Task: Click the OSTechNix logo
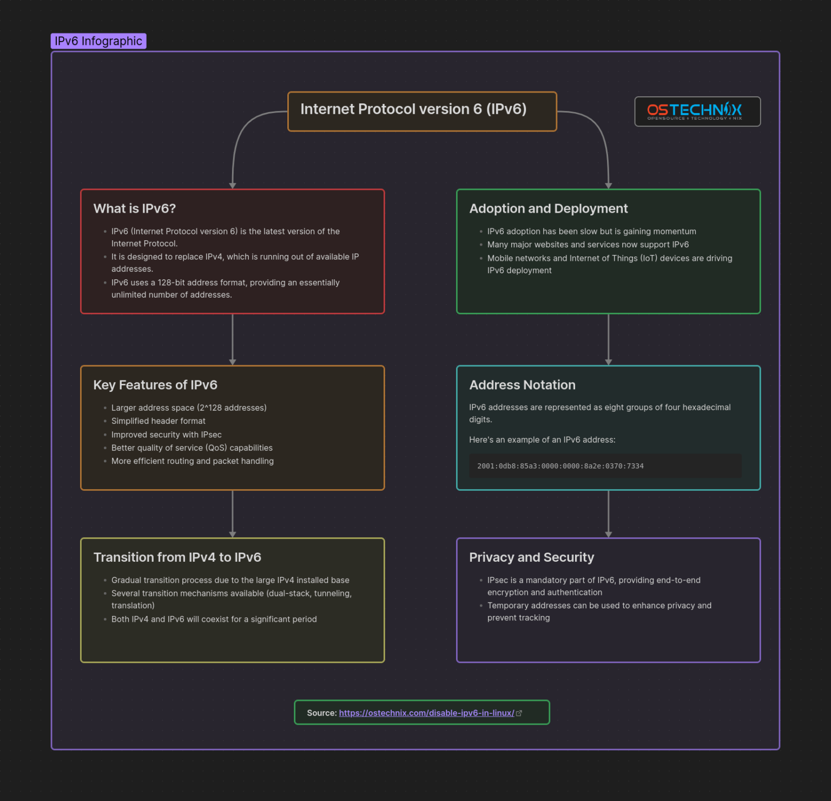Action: [697, 111]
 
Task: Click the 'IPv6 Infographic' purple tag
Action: [98, 41]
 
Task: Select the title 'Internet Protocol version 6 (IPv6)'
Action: [413, 109]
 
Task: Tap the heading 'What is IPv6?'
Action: [134, 209]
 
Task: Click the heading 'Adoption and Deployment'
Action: [548, 209]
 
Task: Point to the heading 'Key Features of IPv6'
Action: [155, 385]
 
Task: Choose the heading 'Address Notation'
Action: [522, 385]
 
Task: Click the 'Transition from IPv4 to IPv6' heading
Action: [177, 557]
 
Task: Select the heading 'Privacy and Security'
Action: [531, 557]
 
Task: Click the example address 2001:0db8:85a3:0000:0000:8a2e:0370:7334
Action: [560, 466]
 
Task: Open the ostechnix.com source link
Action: [426, 713]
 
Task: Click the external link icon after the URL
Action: [519, 713]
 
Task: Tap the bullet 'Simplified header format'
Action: [158, 421]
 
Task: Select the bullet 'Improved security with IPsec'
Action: [166, 435]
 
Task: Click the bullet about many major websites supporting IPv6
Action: [588, 245]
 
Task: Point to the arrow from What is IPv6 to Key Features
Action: [233, 340]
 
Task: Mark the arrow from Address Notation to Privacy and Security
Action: [609, 514]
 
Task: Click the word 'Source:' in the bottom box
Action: [321, 713]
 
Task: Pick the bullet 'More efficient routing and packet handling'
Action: [192, 461]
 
